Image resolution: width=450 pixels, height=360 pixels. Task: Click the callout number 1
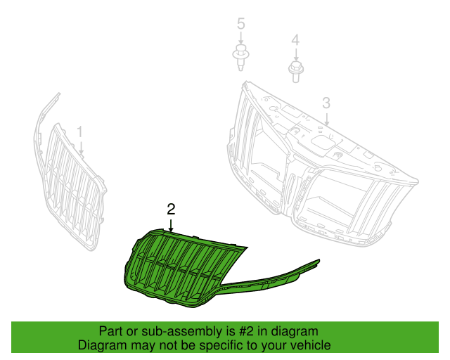[79, 132]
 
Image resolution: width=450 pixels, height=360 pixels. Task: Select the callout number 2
[171, 210]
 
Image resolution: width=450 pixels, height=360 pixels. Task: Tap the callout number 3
[326, 103]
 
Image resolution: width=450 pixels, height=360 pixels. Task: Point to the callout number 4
[295, 41]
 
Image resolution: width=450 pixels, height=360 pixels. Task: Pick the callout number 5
[241, 23]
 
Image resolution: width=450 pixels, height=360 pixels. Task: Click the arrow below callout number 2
[171, 226]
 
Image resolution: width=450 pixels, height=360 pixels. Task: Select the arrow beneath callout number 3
[326, 119]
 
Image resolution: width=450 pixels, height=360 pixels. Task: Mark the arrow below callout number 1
[81, 148]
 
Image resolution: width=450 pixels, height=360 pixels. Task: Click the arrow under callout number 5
[241, 38]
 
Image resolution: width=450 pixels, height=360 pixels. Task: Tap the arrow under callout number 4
[296, 55]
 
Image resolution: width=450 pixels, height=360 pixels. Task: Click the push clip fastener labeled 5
[240, 58]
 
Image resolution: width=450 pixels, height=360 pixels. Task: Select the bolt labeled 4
[296, 72]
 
